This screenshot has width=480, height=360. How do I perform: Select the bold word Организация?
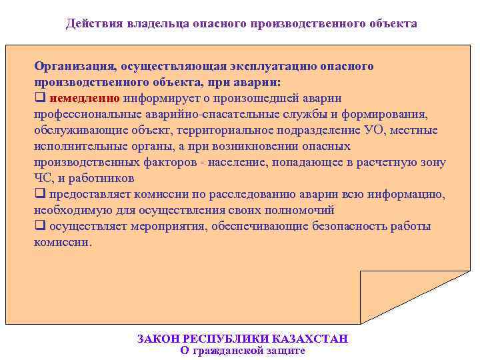[x=74, y=66]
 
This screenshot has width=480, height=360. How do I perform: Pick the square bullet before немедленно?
[x=39, y=98]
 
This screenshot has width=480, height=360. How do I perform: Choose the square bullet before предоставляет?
[x=39, y=194]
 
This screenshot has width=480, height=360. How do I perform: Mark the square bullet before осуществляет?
[x=39, y=226]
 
